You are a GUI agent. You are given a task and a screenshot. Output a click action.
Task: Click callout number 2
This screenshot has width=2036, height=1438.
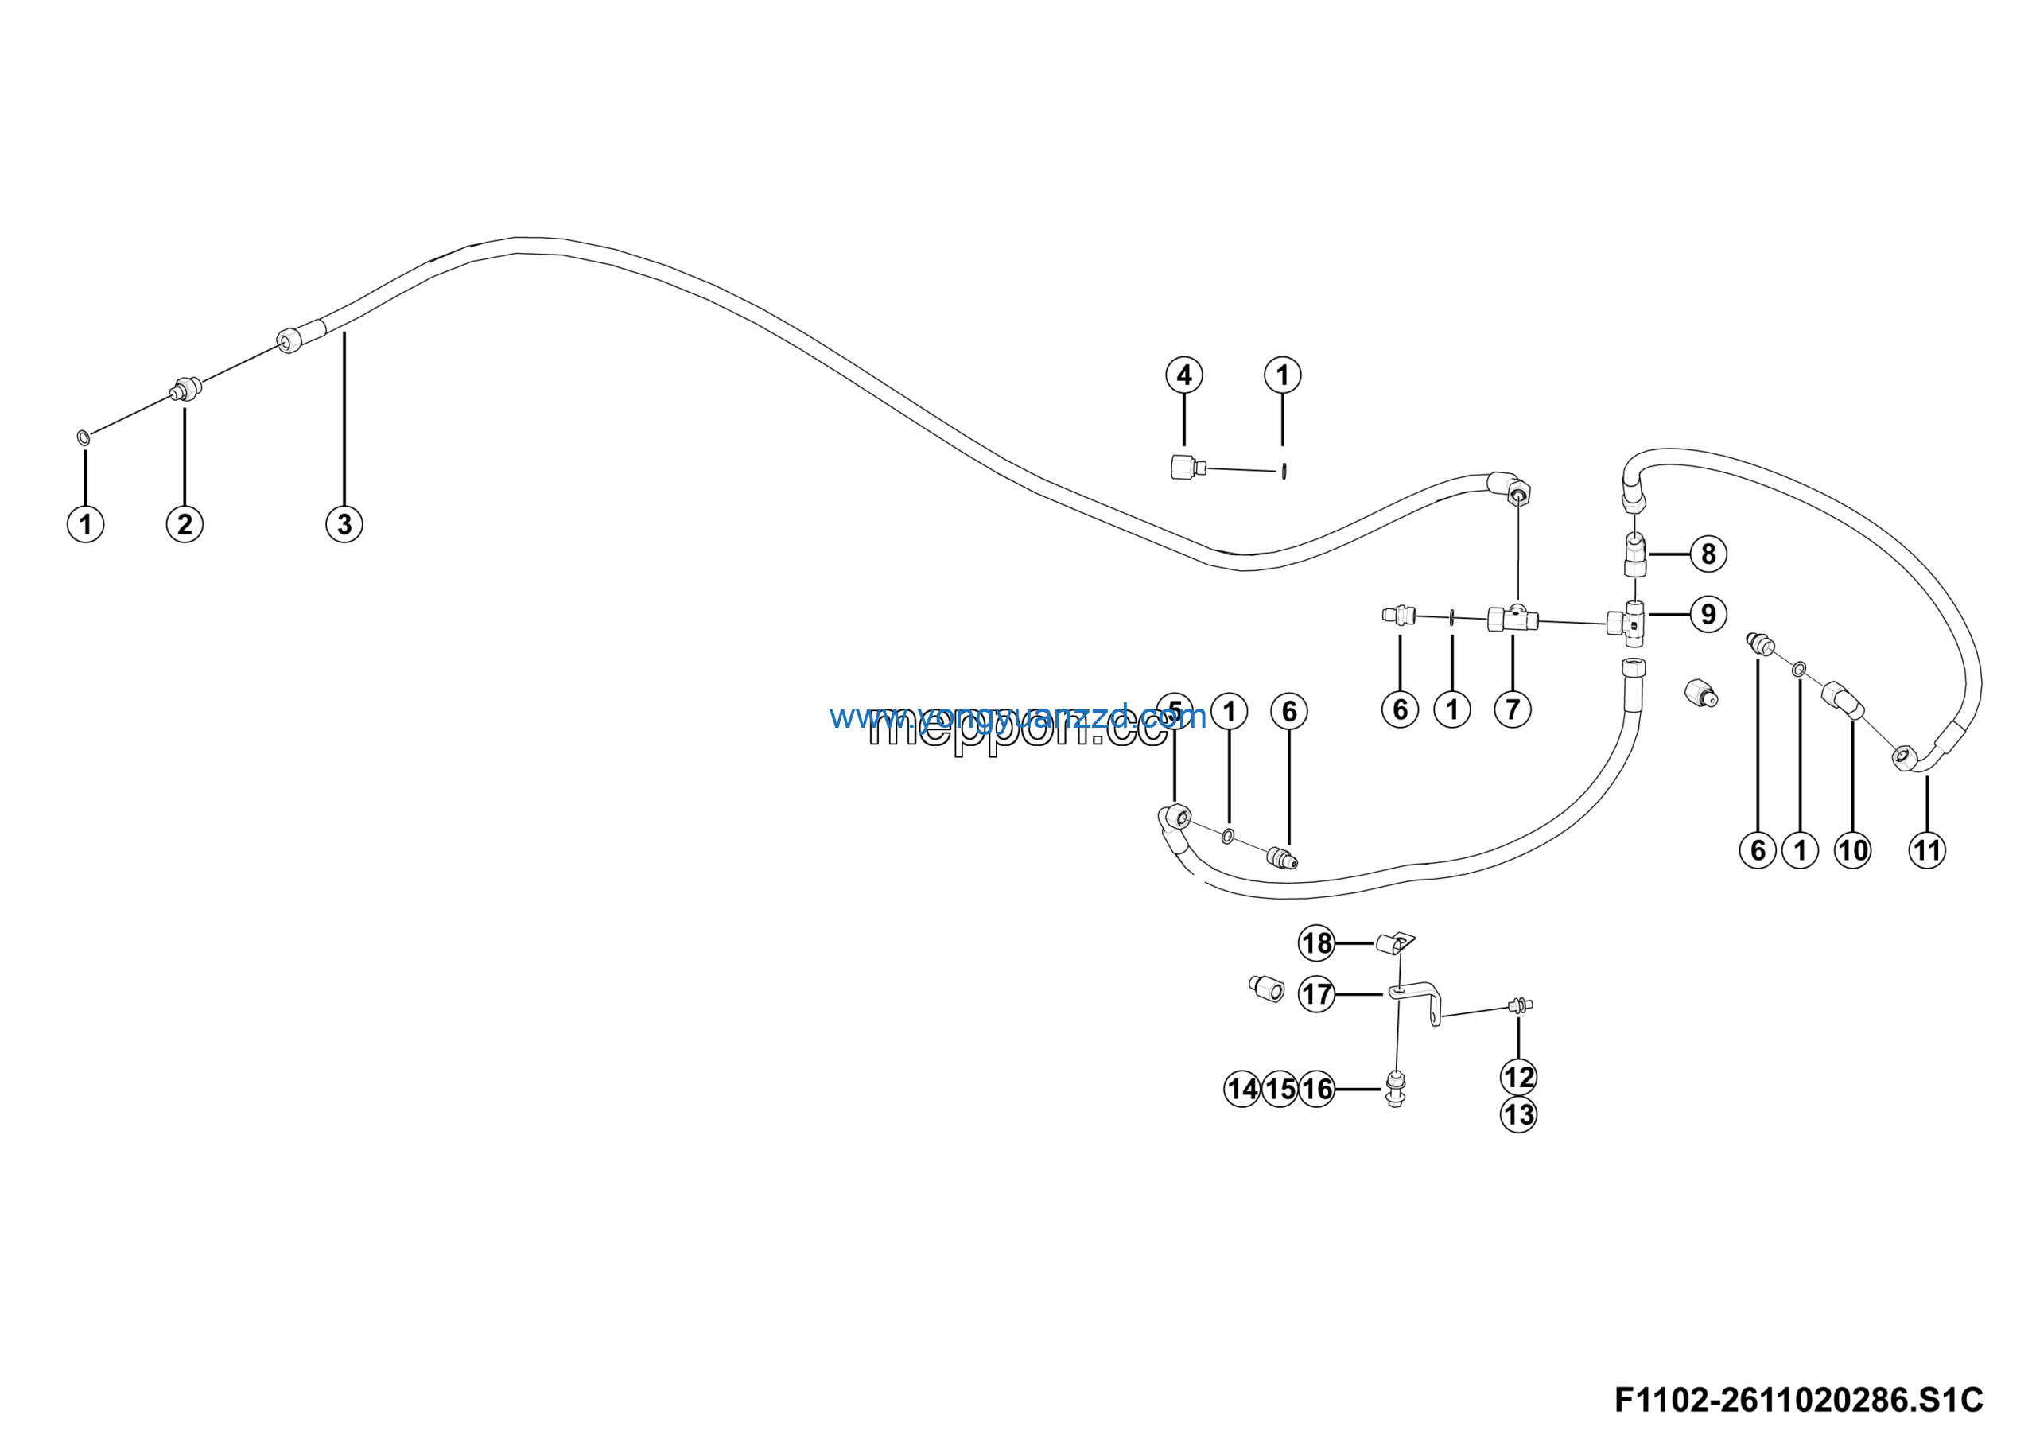point(185,524)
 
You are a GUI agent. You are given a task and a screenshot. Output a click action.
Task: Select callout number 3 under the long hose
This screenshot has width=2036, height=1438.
point(344,524)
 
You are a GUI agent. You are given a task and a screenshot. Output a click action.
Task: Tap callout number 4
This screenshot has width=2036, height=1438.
point(1184,375)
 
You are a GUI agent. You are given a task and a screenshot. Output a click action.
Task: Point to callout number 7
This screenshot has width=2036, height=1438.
point(1513,709)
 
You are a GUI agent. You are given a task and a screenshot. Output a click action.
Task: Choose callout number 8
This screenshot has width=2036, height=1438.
point(1708,554)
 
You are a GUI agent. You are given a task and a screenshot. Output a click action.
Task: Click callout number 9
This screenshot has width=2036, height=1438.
point(1708,613)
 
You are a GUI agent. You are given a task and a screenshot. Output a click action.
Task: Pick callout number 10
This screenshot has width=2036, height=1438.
point(1852,850)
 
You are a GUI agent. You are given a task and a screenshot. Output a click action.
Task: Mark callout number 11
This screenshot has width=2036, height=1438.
point(1927,850)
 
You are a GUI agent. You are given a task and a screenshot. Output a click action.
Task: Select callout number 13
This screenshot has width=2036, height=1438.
point(1518,1114)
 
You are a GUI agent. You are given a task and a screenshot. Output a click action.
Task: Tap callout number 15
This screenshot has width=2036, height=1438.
point(1280,1089)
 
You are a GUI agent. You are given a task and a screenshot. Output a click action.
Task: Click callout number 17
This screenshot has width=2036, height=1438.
point(1317,994)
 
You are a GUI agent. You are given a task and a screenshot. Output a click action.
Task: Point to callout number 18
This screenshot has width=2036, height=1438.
point(1317,942)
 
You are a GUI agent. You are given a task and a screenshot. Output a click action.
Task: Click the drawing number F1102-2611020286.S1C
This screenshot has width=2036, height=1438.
point(1798,1400)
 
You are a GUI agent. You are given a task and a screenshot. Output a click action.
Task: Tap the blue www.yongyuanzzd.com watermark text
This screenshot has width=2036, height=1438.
point(1017,717)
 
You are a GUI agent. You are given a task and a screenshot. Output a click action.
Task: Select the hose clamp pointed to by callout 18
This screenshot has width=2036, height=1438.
point(1393,943)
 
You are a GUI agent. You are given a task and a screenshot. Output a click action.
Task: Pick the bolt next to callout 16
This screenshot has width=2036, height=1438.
point(1395,1089)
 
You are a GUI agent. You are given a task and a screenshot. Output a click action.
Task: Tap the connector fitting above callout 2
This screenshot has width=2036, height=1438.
point(185,388)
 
